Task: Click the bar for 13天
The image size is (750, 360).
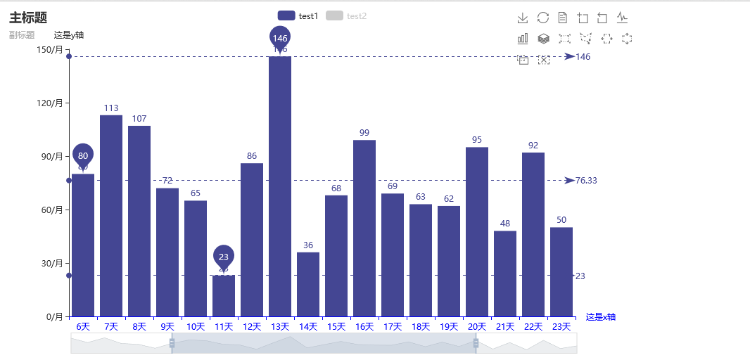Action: point(280,186)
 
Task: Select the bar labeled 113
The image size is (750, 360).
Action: point(111,215)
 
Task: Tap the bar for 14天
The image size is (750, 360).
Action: point(308,284)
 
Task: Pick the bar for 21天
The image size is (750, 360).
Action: point(505,274)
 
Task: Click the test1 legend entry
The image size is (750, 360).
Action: point(298,15)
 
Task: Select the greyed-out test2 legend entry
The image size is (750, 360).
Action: point(347,15)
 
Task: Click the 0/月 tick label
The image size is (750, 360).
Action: point(53,316)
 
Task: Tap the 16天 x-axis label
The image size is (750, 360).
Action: point(364,326)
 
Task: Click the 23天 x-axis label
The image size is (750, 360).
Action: point(561,326)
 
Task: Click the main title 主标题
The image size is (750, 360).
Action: point(28,18)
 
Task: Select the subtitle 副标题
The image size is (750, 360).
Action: point(22,34)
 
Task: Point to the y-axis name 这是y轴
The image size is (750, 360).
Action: point(69,34)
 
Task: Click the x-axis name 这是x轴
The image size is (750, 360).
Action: point(601,316)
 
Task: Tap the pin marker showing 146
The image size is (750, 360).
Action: point(280,38)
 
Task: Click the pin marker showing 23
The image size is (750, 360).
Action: point(224,257)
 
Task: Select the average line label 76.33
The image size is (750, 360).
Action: point(586,181)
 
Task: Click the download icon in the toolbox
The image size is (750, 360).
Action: point(523,18)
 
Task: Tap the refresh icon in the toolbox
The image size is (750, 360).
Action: point(543,18)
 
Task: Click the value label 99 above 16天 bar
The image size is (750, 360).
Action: point(364,133)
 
